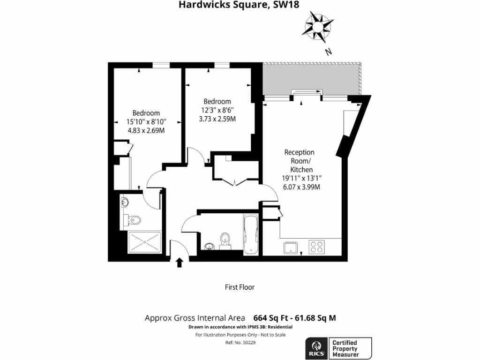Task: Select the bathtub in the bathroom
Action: click(251, 234)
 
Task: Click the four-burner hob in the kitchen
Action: click(317, 247)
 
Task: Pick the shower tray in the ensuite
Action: click(144, 242)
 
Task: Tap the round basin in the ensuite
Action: click(125, 202)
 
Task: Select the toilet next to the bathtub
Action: click(225, 239)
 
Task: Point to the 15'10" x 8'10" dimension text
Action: click(146, 122)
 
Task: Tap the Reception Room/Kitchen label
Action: click(300, 161)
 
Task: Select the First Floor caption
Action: click(240, 287)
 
